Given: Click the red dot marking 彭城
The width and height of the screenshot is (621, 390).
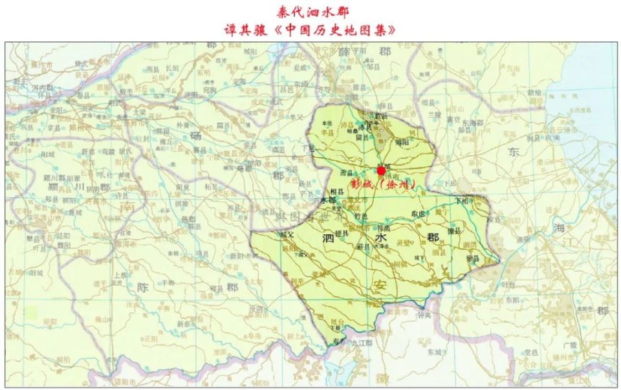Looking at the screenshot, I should coord(381,171).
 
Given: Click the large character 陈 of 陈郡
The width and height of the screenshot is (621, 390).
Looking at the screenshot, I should coord(144,287).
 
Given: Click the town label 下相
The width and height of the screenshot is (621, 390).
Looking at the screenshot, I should coord(461,201).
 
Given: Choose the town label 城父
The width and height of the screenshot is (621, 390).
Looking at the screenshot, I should coord(285,234).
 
